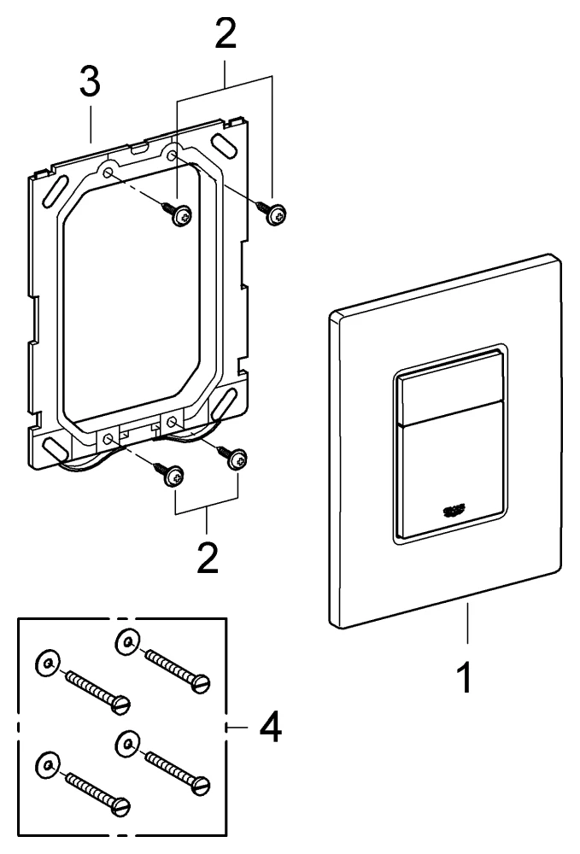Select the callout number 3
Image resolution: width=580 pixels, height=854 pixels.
89,84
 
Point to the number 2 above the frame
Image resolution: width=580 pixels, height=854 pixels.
225,33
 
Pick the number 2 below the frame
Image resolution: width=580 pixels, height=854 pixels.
205,555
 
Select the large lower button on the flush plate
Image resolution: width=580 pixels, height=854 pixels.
448,478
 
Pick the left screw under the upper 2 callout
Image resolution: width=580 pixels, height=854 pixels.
180,218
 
